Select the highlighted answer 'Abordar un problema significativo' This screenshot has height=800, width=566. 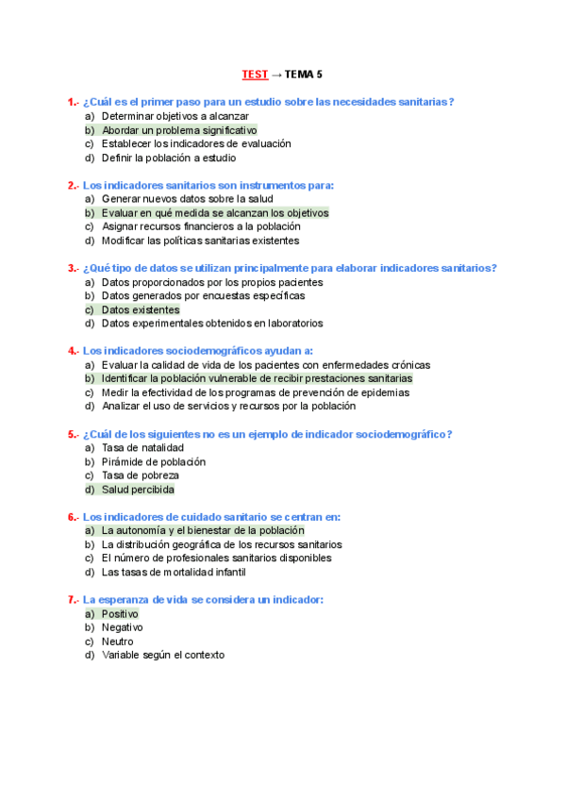coord(178,130)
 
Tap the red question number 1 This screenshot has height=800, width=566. coord(72,102)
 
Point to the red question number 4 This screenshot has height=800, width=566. coord(72,351)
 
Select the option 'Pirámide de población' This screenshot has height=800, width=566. coord(153,462)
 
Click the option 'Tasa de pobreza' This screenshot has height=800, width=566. coord(141,475)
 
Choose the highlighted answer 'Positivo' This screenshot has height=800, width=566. coord(120,614)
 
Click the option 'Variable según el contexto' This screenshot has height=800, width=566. coord(162,655)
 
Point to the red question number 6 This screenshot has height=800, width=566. coord(72,517)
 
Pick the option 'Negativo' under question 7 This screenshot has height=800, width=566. coord(122,627)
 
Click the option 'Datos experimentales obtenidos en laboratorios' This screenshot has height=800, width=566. coord(211,324)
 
